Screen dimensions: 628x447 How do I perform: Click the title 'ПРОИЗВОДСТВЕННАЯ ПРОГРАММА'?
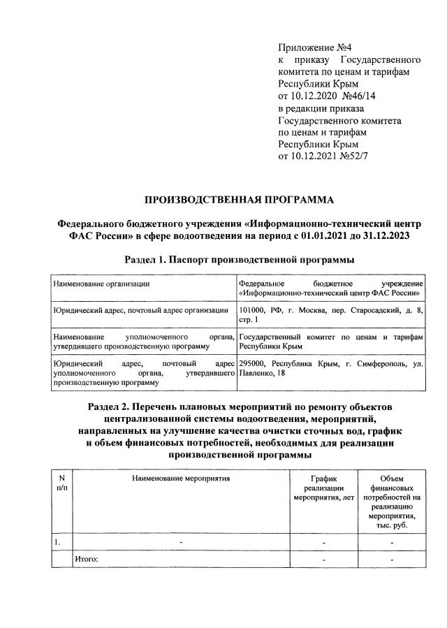point(239,200)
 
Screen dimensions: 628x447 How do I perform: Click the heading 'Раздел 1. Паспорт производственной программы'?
point(239,260)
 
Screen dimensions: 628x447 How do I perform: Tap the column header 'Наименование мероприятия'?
point(180,479)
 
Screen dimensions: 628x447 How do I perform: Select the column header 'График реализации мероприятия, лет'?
point(323,488)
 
